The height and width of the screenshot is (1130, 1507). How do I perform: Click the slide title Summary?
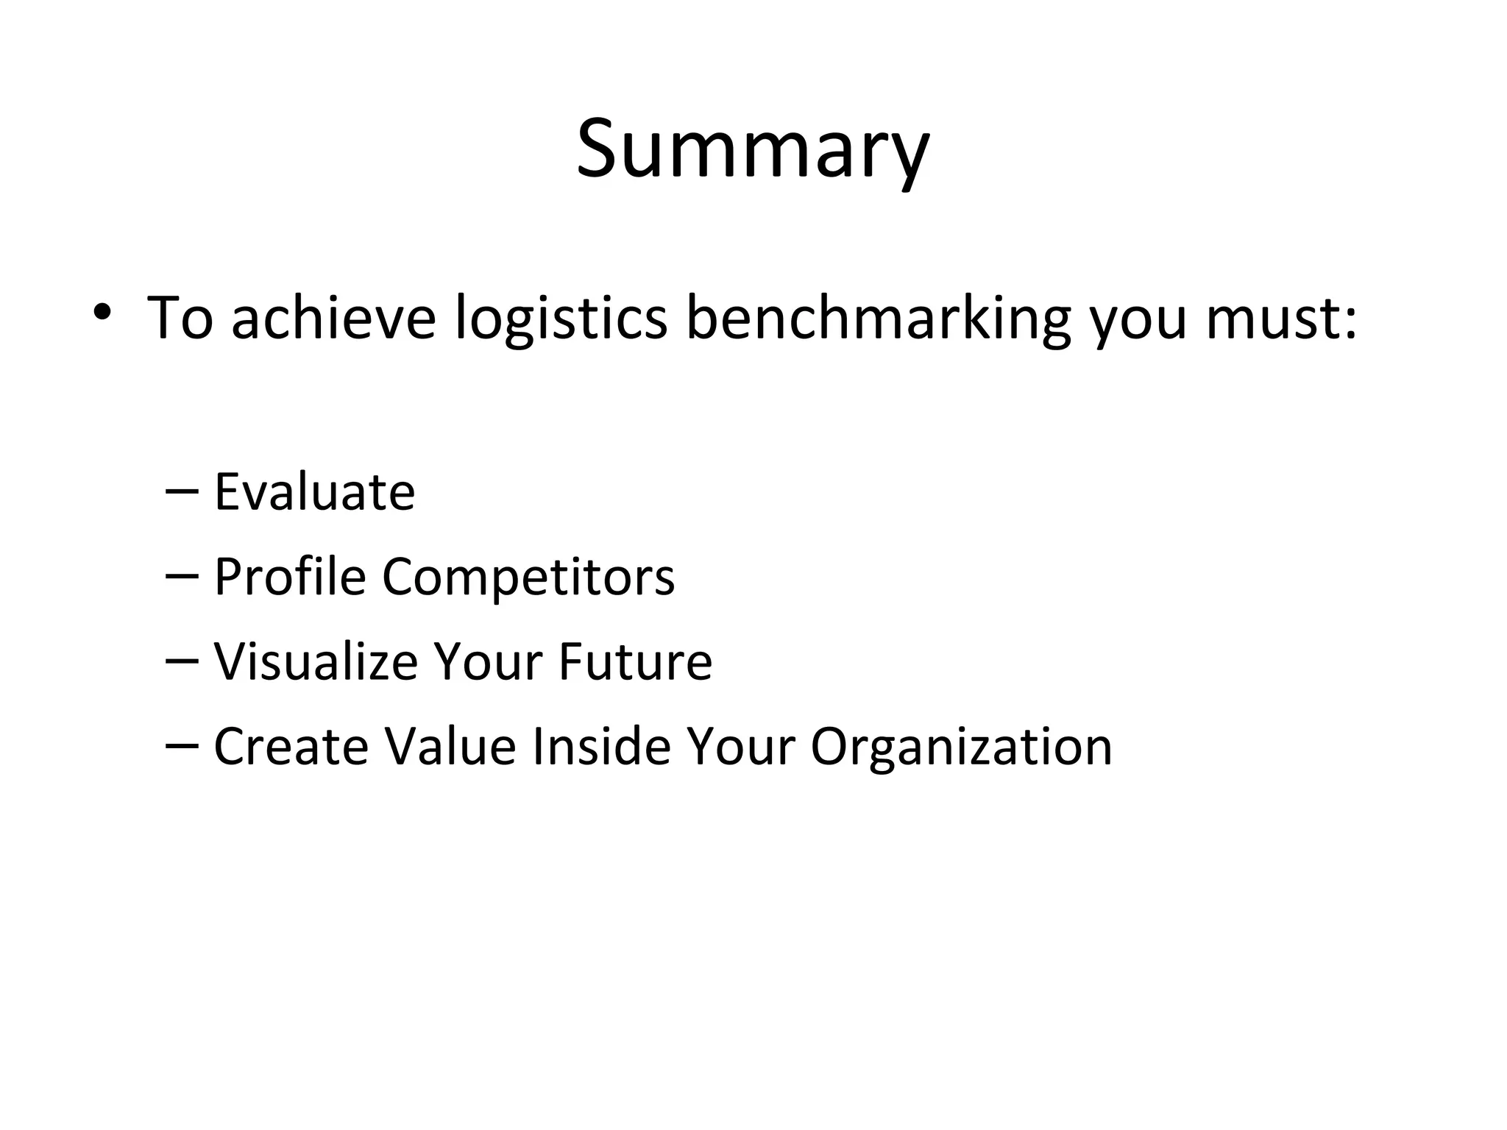pyautogui.click(x=753, y=151)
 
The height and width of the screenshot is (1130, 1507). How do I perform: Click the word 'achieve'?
pyautogui.click(x=333, y=318)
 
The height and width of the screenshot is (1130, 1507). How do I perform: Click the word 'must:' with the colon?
pyautogui.click(x=1280, y=318)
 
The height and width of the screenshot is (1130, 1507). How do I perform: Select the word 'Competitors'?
pyautogui.click(x=528, y=578)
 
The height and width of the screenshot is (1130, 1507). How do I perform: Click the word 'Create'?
pyautogui.click(x=291, y=746)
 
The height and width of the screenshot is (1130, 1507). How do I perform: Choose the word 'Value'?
pyautogui.click(x=450, y=746)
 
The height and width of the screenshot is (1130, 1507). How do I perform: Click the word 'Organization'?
pyautogui.click(x=961, y=747)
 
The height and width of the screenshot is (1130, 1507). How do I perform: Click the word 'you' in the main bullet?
pyautogui.click(x=1138, y=322)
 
